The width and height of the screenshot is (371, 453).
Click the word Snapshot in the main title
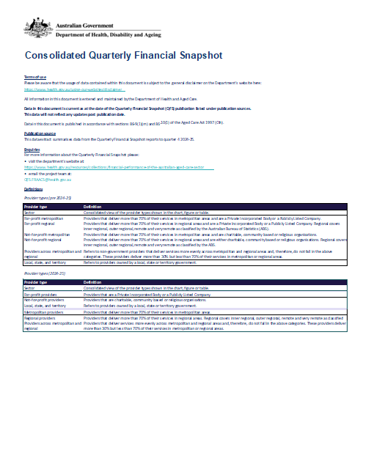coord(192,55)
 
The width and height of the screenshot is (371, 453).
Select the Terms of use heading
coord(35,77)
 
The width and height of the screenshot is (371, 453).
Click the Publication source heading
coord(40,134)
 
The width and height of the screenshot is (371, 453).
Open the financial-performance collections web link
coord(117,167)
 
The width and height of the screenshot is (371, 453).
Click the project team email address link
coord(48,179)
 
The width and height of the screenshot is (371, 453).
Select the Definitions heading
coord(34,189)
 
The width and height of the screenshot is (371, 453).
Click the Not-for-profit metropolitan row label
coord(48,235)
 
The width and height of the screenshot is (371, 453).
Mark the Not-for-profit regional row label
coord(43,239)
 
